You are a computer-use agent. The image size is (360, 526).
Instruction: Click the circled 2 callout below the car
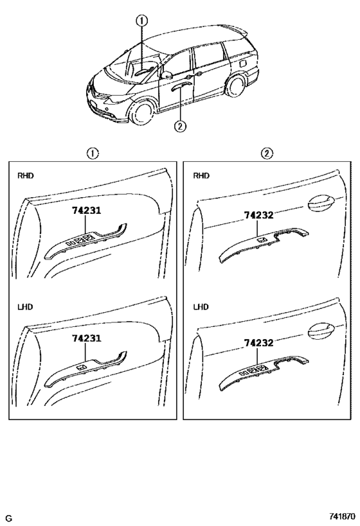[x=181, y=126]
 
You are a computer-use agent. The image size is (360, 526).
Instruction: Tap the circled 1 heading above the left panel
[x=93, y=153]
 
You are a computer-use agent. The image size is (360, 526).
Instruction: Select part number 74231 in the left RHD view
[x=87, y=209]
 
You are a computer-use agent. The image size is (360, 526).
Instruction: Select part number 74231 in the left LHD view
[x=87, y=338]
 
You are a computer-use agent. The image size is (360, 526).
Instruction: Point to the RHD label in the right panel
[x=201, y=175]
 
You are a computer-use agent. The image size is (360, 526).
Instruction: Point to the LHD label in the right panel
[x=201, y=307]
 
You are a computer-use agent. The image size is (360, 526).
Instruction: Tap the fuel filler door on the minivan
[x=246, y=63]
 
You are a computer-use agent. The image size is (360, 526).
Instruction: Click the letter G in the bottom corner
[x=9, y=518]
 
